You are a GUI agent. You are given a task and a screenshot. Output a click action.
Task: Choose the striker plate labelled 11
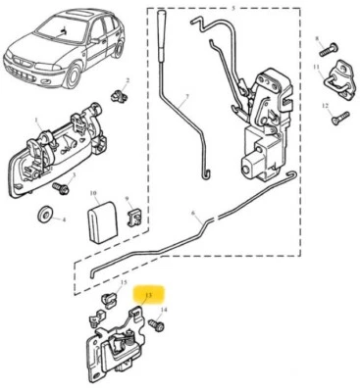(340, 78)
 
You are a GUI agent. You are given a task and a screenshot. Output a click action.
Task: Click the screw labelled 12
(337, 119)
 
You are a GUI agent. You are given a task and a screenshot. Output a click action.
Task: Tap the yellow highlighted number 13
(149, 294)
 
